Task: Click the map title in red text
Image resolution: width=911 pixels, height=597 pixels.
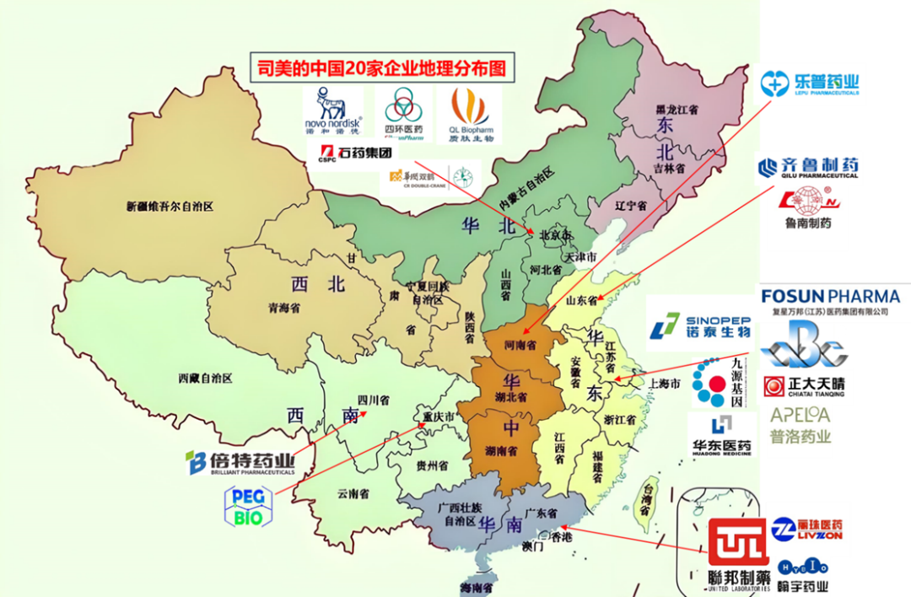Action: pos(382,67)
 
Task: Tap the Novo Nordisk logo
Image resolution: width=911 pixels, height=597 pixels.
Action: pos(332,113)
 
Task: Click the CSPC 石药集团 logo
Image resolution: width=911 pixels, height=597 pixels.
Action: pos(355,153)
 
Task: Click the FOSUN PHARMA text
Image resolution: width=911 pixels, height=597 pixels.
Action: pos(830,296)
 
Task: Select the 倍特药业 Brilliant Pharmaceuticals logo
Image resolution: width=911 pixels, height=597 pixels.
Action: pos(240,462)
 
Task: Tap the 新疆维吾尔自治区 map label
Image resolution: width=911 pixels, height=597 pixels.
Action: pos(170,206)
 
